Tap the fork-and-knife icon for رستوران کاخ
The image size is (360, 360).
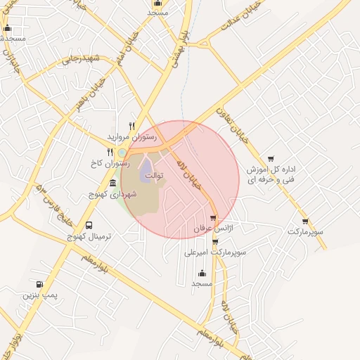pos(110,151)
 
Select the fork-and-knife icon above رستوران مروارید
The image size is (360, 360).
pos(131,126)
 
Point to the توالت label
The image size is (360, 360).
pos(154,175)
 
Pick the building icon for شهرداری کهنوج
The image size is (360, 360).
pos(112,183)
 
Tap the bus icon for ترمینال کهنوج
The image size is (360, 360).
pos(89,225)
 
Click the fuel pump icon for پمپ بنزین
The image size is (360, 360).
pos(39,284)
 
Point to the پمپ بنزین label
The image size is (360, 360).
pos(39,295)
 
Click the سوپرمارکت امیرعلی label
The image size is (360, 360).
pos(213,252)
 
